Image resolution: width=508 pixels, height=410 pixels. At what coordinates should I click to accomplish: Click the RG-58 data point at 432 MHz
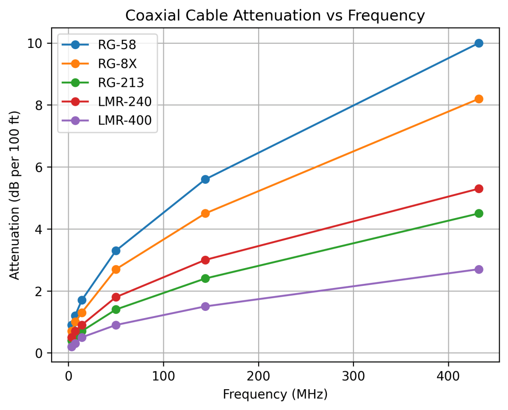click(x=479, y=43)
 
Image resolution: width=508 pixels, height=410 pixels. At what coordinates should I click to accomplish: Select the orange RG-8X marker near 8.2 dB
click(x=479, y=99)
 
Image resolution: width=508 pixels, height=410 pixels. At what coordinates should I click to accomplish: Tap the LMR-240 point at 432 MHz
click(x=479, y=188)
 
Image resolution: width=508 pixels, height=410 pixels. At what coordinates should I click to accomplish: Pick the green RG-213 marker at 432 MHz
click(x=479, y=213)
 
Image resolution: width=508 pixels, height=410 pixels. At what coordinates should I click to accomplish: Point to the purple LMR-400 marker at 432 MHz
click(x=479, y=269)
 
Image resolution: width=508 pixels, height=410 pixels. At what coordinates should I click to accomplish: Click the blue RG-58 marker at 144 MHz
click(x=205, y=179)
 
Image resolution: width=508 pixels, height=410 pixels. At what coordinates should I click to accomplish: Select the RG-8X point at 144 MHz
click(x=205, y=213)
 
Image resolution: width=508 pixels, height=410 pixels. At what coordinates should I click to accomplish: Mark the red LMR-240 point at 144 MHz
click(x=205, y=260)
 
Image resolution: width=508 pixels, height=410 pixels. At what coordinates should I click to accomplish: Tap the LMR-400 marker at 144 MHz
click(x=205, y=306)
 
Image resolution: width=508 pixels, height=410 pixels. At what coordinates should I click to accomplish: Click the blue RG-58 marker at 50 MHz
click(x=116, y=251)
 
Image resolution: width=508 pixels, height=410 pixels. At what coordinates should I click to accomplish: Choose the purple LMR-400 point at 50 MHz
click(x=116, y=325)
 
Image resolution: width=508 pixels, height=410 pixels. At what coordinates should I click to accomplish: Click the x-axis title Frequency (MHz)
click(x=275, y=395)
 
